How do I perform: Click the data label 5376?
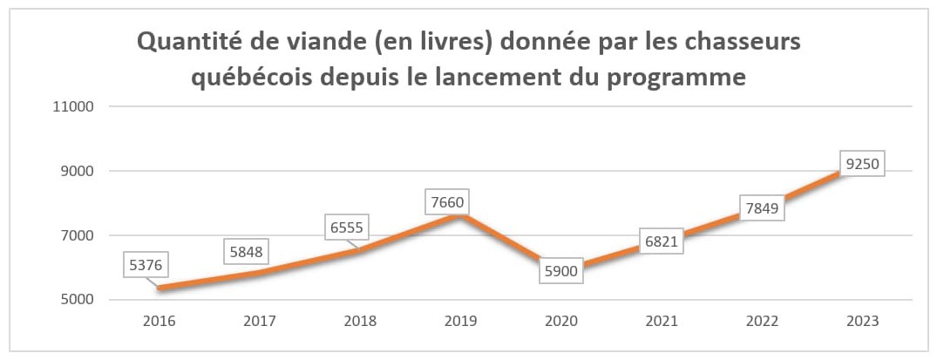146,266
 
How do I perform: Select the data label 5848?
246,251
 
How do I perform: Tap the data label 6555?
346,228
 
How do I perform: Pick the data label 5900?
561,271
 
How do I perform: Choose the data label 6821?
661,241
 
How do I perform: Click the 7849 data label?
761,207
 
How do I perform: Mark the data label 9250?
862,164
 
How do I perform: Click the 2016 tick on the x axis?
159,321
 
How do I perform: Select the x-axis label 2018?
360,321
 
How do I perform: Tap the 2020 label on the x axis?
561,321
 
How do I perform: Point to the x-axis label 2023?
862,321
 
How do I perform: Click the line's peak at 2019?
461,215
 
